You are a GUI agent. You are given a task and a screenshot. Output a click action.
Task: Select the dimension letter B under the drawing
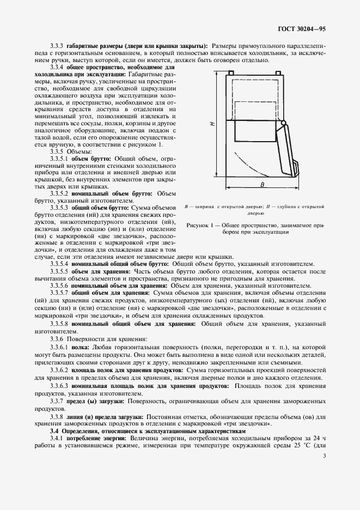click(262, 185)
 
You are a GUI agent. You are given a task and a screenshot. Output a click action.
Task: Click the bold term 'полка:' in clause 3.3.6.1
click(82, 347)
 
